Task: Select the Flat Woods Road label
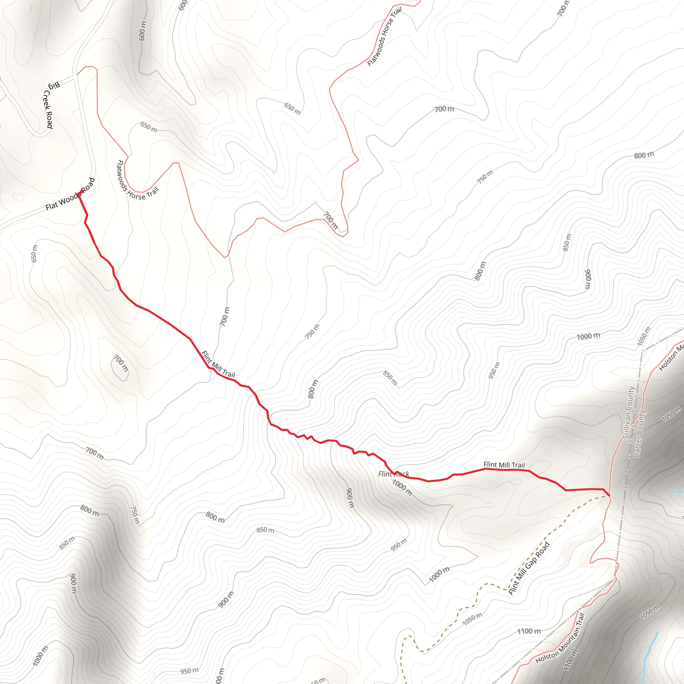[x=70, y=194]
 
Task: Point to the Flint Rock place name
[x=393, y=474]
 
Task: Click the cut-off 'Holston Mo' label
[x=671, y=358]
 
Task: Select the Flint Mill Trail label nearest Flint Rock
[x=504, y=465]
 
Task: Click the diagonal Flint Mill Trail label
[x=218, y=364]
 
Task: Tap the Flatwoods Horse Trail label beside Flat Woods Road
[x=137, y=181]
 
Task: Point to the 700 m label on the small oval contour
[x=121, y=363]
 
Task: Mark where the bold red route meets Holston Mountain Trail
[x=609, y=496]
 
